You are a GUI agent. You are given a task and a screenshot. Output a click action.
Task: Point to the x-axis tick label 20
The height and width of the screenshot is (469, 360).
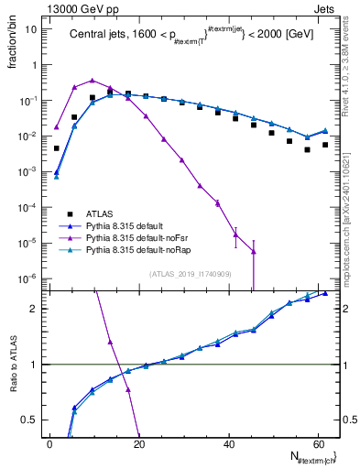138,443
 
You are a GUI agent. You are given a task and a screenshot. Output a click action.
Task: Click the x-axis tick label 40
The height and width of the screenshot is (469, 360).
228,443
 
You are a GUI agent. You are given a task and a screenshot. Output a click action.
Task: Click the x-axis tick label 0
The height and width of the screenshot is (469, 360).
49,443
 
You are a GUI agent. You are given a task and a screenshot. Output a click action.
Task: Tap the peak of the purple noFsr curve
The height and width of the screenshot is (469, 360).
93,81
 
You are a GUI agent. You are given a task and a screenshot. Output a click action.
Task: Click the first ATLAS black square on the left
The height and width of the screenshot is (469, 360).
57,148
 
